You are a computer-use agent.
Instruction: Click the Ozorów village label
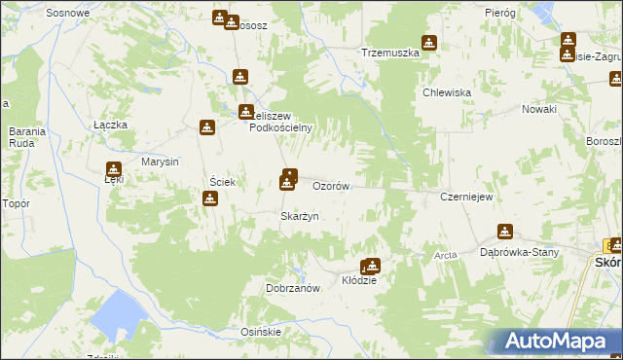coord(330,185)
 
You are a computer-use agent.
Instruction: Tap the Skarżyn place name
coord(300,216)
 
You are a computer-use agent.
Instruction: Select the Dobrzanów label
coord(293,288)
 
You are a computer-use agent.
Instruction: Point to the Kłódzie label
coord(359,280)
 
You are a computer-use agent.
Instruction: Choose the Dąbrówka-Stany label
coord(520,253)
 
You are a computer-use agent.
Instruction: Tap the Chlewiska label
coord(447,92)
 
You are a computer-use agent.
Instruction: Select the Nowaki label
coord(538,109)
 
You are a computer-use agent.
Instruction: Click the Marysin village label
coord(160,162)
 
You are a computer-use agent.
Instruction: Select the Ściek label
coord(219,182)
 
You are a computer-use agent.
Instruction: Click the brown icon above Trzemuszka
coord(428,43)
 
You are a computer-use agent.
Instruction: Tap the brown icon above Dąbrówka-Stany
coord(504,232)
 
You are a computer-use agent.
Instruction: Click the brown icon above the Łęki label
coord(114,168)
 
